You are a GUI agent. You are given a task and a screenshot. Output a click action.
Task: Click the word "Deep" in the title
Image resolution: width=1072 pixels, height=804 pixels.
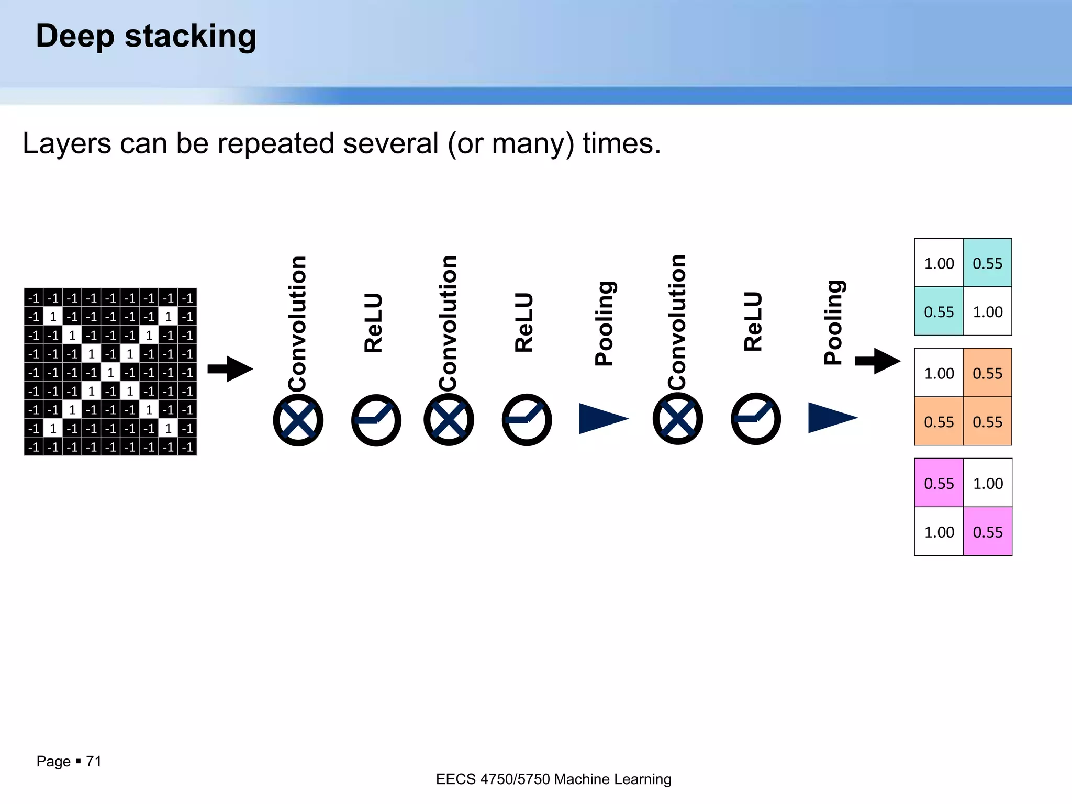coord(74,37)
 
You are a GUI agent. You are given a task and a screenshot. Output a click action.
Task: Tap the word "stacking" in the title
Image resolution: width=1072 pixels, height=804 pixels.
coord(191,37)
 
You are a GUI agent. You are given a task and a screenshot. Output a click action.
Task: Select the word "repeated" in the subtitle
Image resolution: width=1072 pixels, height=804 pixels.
coord(276,143)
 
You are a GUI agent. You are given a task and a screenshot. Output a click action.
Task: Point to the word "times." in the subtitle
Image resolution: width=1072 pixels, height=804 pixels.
coord(622,143)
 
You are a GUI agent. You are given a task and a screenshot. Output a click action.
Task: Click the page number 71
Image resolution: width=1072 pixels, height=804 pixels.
coord(94,761)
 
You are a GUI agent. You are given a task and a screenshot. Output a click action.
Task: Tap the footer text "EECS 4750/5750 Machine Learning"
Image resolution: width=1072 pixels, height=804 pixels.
coord(553,779)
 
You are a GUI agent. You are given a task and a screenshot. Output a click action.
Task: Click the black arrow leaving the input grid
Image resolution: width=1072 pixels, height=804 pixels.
coord(230,369)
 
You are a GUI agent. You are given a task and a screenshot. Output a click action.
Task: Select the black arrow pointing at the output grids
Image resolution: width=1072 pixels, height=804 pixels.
coord(878,361)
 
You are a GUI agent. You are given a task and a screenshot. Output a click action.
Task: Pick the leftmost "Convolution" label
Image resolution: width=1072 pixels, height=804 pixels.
coord(297,323)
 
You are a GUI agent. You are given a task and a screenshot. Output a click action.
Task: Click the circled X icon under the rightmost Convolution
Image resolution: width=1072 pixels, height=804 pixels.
coord(677,419)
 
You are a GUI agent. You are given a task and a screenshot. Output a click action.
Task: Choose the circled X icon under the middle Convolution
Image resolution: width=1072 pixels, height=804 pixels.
coord(449,420)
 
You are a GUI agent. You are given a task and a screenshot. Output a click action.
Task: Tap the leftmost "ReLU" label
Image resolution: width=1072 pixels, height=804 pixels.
coord(374,322)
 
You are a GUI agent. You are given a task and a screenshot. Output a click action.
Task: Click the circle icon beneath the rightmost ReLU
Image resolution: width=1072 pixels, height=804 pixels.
coord(755,419)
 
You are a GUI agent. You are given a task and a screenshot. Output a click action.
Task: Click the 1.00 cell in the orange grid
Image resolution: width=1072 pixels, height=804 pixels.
coord(939,373)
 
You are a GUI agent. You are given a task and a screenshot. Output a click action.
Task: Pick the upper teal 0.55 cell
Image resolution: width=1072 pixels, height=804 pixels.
coord(987,263)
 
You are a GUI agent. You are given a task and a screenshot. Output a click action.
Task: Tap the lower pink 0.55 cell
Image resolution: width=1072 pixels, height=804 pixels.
coord(987,532)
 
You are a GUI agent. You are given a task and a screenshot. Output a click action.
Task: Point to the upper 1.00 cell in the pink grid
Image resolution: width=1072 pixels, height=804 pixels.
coord(987,483)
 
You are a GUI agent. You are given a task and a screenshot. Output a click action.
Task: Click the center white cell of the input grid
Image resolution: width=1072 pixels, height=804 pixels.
coord(110,373)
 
